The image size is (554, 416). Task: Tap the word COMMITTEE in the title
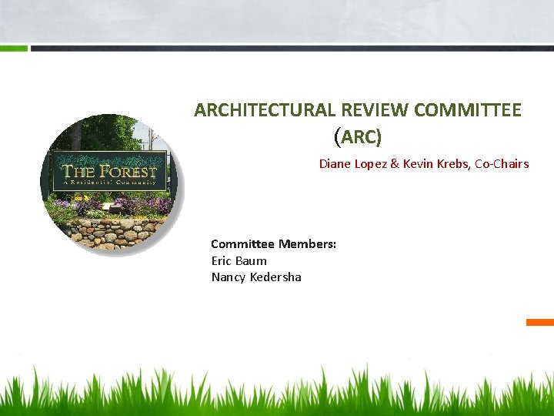pyautogui.click(x=467, y=110)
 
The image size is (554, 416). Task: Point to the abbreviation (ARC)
pyautogui.click(x=358, y=137)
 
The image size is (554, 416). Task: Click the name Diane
pyautogui.click(x=335, y=164)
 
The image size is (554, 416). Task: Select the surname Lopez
pyautogui.click(x=372, y=164)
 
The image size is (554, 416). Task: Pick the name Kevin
pyautogui.click(x=420, y=164)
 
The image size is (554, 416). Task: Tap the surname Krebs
pyautogui.click(x=455, y=164)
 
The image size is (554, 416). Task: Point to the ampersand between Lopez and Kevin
pyautogui.click(x=396, y=164)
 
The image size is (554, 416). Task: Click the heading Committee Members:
pyautogui.click(x=273, y=244)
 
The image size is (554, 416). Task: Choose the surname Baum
pyautogui.click(x=252, y=261)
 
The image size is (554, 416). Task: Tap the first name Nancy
pyautogui.click(x=229, y=277)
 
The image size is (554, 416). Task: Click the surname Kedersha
pyautogui.click(x=275, y=277)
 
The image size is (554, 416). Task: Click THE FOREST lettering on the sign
pyautogui.click(x=109, y=172)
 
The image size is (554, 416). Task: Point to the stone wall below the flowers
pyautogui.click(x=108, y=231)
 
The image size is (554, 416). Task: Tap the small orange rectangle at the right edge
pyautogui.click(x=540, y=322)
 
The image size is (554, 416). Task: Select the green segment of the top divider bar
pyautogui.click(x=14, y=48)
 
